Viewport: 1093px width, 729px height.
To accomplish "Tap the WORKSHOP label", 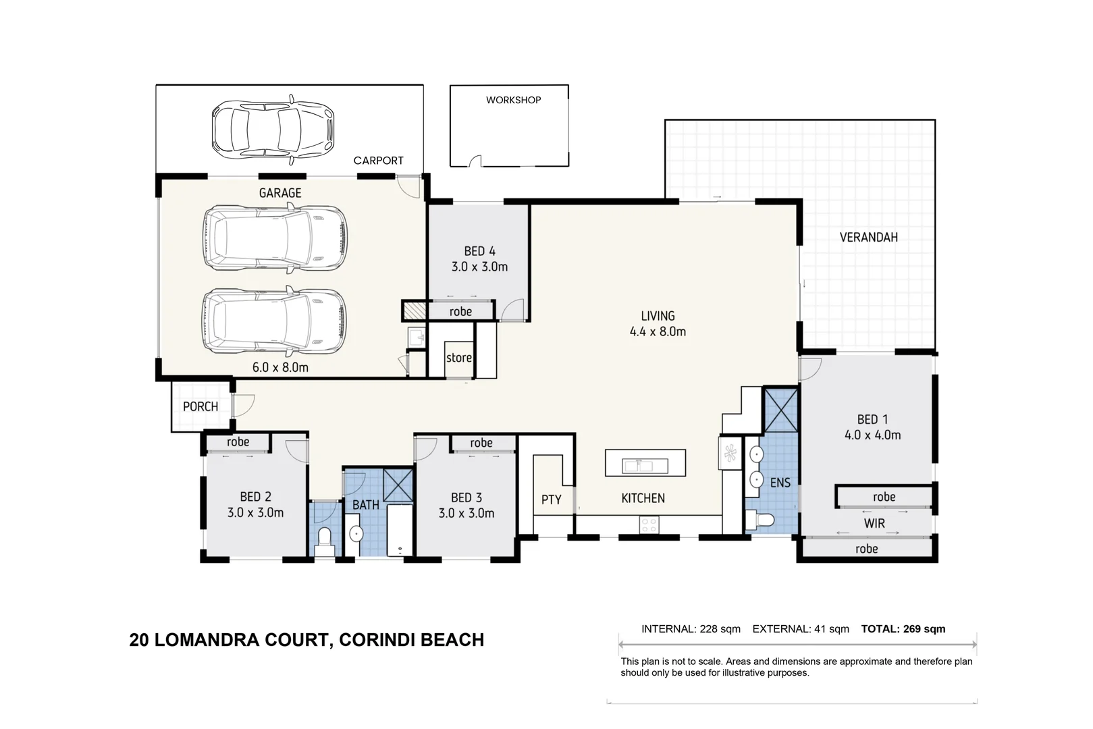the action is (513, 100).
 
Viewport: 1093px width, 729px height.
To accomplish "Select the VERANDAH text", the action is (869, 238).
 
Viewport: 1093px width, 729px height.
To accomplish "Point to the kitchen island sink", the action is (645, 466).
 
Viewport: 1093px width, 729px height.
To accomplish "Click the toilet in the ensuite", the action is (760, 520).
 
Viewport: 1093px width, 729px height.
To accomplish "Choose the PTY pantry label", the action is (552, 500).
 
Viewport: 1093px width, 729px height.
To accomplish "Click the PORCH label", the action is (201, 406).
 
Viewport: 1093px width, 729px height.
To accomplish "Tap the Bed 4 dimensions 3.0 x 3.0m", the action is (479, 267).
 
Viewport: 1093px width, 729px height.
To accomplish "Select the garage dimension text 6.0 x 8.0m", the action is (280, 367).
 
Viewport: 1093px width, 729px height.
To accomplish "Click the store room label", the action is (459, 358).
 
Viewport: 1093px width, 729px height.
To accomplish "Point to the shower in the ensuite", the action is (781, 410).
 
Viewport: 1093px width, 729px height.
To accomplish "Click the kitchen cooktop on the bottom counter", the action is (649, 525).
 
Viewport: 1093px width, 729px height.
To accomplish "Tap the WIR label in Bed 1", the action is (874, 524).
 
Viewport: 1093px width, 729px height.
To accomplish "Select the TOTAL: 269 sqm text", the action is (903, 629).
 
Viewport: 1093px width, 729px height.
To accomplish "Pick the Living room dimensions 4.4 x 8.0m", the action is (658, 332).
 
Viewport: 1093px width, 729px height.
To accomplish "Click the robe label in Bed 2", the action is (238, 442).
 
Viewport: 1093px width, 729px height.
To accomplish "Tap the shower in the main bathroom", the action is (398, 485).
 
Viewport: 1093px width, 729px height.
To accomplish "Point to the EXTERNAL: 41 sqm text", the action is (801, 629).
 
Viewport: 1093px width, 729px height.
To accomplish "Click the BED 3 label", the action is (466, 497).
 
